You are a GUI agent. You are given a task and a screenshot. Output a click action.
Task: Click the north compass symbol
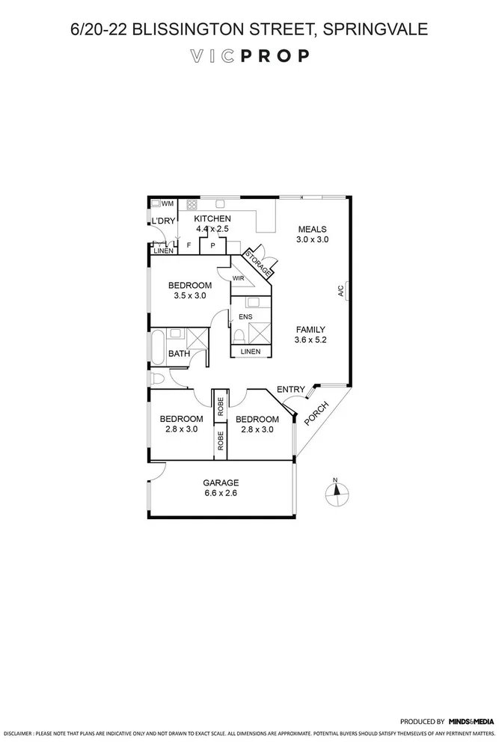(337, 491)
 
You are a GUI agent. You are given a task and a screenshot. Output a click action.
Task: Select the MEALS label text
(313, 229)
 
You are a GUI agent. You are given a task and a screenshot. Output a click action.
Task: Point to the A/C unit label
(340, 290)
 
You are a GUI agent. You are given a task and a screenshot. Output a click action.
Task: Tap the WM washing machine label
(168, 203)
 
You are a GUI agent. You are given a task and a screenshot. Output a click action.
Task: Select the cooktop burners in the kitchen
(192, 203)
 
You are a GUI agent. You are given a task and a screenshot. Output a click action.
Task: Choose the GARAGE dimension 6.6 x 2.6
(220, 493)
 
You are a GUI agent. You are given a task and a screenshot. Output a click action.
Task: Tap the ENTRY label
(290, 389)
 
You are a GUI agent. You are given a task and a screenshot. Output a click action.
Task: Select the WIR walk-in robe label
(239, 279)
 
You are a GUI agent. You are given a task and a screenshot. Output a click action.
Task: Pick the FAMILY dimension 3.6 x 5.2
(310, 340)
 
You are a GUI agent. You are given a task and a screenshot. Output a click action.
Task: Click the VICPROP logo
(249, 56)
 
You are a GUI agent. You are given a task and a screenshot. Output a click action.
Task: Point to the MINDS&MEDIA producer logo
(471, 722)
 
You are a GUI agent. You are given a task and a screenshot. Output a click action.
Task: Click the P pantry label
(212, 245)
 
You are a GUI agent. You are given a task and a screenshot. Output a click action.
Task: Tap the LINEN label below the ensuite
(251, 352)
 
